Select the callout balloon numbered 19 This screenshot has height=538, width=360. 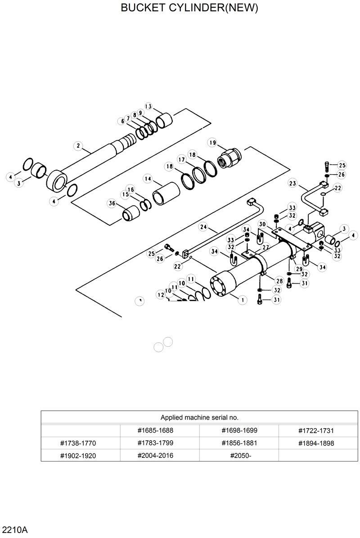tap(212, 143)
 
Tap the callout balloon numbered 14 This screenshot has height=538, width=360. tap(147, 179)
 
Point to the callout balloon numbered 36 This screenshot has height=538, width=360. tap(112, 204)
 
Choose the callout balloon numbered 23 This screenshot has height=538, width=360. tap(293, 183)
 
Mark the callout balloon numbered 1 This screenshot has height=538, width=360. tap(243, 299)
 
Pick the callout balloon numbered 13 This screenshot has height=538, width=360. tap(148, 106)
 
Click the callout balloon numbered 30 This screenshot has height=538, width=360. tap(263, 224)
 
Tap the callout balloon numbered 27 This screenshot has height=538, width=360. tap(265, 247)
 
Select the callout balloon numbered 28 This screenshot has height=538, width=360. tap(279, 281)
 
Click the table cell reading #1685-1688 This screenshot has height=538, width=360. tap(155, 430)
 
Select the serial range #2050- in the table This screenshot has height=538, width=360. tap(240, 455)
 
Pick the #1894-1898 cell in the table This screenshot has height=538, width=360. tap(316, 443)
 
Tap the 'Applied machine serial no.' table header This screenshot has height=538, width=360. tap(199, 417)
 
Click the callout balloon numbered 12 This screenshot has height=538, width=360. tap(161, 294)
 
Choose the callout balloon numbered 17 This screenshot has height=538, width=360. tap(181, 160)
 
